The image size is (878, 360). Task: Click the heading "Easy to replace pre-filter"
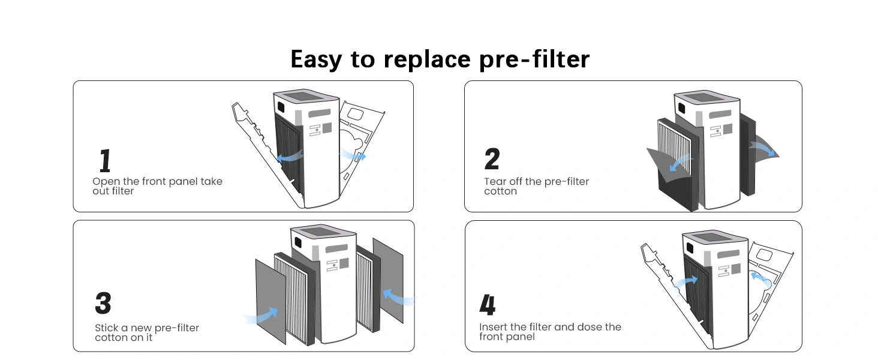click(440, 59)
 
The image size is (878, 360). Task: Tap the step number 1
click(105, 160)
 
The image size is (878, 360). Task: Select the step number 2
click(492, 159)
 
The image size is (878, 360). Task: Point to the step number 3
click(103, 304)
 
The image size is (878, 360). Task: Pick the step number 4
click(488, 305)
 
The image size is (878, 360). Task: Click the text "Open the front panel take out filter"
click(157, 186)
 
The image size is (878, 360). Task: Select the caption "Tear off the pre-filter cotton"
click(536, 186)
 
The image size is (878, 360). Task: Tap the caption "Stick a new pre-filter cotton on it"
click(146, 332)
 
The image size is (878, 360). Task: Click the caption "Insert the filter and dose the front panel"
click(549, 332)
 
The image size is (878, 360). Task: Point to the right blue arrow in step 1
click(353, 155)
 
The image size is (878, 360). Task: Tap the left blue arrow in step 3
click(264, 316)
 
